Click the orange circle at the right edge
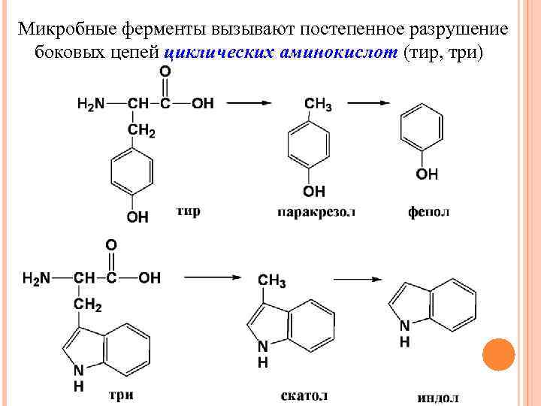497,354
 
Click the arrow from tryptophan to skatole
213,278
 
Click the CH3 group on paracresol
317,105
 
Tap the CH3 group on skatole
272,281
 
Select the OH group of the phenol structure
426,174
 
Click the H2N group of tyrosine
91,104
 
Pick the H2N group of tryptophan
37,278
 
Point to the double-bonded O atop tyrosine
165,71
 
